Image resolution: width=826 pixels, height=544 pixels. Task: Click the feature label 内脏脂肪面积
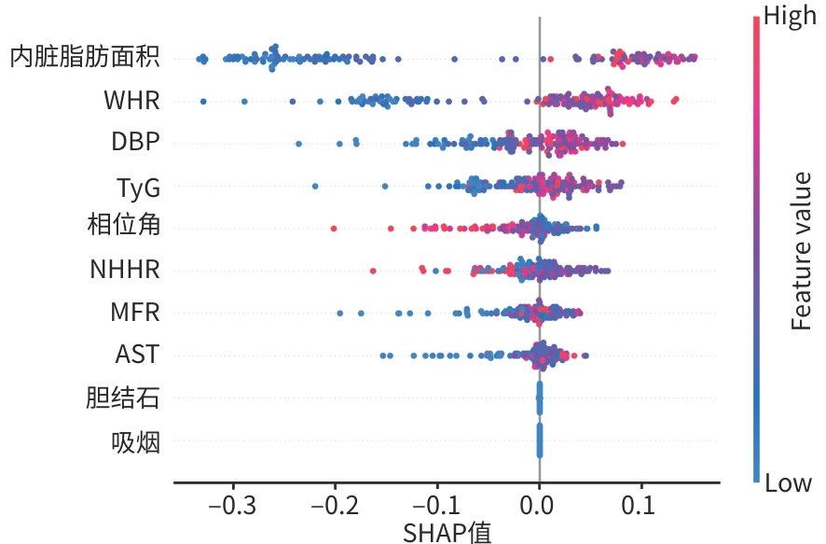(85, 57)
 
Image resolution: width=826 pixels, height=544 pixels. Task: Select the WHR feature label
(131, 100)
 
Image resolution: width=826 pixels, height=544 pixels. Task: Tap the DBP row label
(135, 141)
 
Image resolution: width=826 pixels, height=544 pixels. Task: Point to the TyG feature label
(138, 188)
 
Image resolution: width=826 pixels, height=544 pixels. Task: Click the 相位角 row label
(124, 225)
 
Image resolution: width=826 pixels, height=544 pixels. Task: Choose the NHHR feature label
(125, 270)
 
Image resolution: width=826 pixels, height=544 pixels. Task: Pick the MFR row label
(135, 312)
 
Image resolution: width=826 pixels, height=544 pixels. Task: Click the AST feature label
(137, 355)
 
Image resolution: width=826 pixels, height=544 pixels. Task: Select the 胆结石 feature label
(123, 398)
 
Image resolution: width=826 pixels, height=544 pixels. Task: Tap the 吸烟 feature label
(135, 441)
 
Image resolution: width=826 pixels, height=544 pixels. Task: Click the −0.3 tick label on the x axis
(232, 506)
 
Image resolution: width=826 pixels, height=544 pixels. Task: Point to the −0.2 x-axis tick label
(335, 506)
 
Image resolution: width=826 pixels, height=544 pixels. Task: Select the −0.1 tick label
(436, 506)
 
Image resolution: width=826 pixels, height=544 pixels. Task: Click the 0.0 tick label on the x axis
(537, 506)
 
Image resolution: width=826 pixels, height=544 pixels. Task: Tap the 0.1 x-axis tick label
(639, 506)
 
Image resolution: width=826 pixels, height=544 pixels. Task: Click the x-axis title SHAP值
(447, 533)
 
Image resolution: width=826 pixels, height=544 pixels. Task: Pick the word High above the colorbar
(790, 16)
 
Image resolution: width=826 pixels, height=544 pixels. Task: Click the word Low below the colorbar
(788, 482)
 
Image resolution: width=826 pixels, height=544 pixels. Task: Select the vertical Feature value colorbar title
(801, 251)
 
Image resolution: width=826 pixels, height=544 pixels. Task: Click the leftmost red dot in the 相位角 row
(334, 229)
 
